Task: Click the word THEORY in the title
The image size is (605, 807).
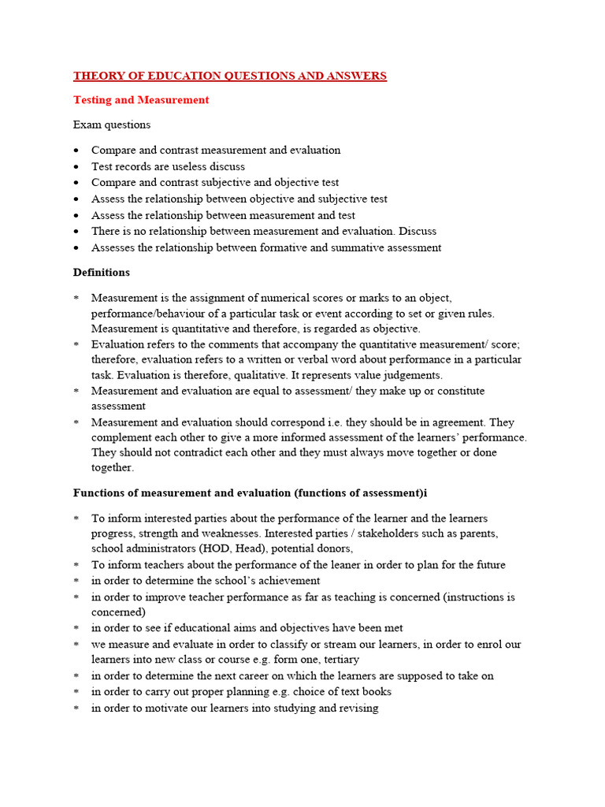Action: [x=95, y=76]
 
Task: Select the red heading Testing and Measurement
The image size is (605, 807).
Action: [x=141, y=100]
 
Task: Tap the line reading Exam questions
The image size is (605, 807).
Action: [x=112, y=125]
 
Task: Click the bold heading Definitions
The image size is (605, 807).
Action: [x=102, y=273]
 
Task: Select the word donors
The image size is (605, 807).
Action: [x=331, y=549]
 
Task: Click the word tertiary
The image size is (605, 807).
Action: [x=337, y=659]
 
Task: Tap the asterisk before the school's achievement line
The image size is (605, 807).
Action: [x=76, y=582]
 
